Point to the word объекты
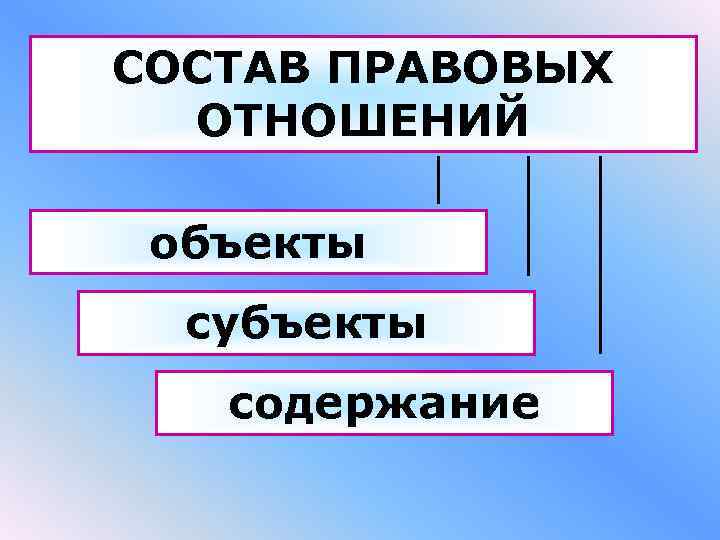[x=256, y=243]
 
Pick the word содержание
[x=384, y=404]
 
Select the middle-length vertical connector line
[x=528, y=214]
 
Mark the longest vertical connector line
[x=600, y=254]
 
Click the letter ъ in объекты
[x=225, y=243]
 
